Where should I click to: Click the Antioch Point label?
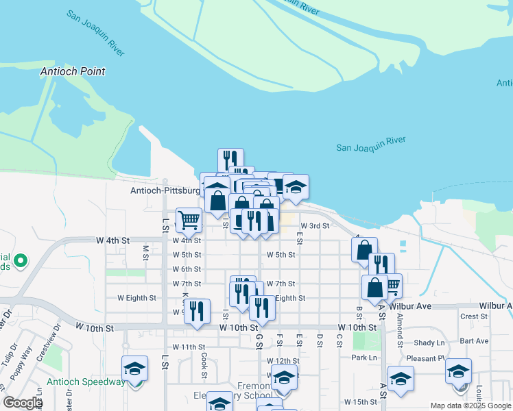(x=72, y=71)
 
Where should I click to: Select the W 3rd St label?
(x=315, y=225)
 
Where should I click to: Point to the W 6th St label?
(x=187, y=269)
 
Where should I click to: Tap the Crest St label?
(x=473, y=316)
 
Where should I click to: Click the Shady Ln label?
(x=429, y=342)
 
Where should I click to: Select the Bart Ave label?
(x=475, y=340)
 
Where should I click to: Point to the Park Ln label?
(x=364, y=358)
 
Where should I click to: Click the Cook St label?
(x=204, y=365)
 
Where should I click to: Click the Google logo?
(x=23, y=403)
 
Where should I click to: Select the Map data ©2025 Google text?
(x=470, y=406)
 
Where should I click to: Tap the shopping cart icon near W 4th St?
(x=189, y=221)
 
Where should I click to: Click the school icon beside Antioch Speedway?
(x=135, y=369)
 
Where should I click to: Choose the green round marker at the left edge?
(x=21, y=260)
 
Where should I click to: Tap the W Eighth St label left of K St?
(x=136, y=298)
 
